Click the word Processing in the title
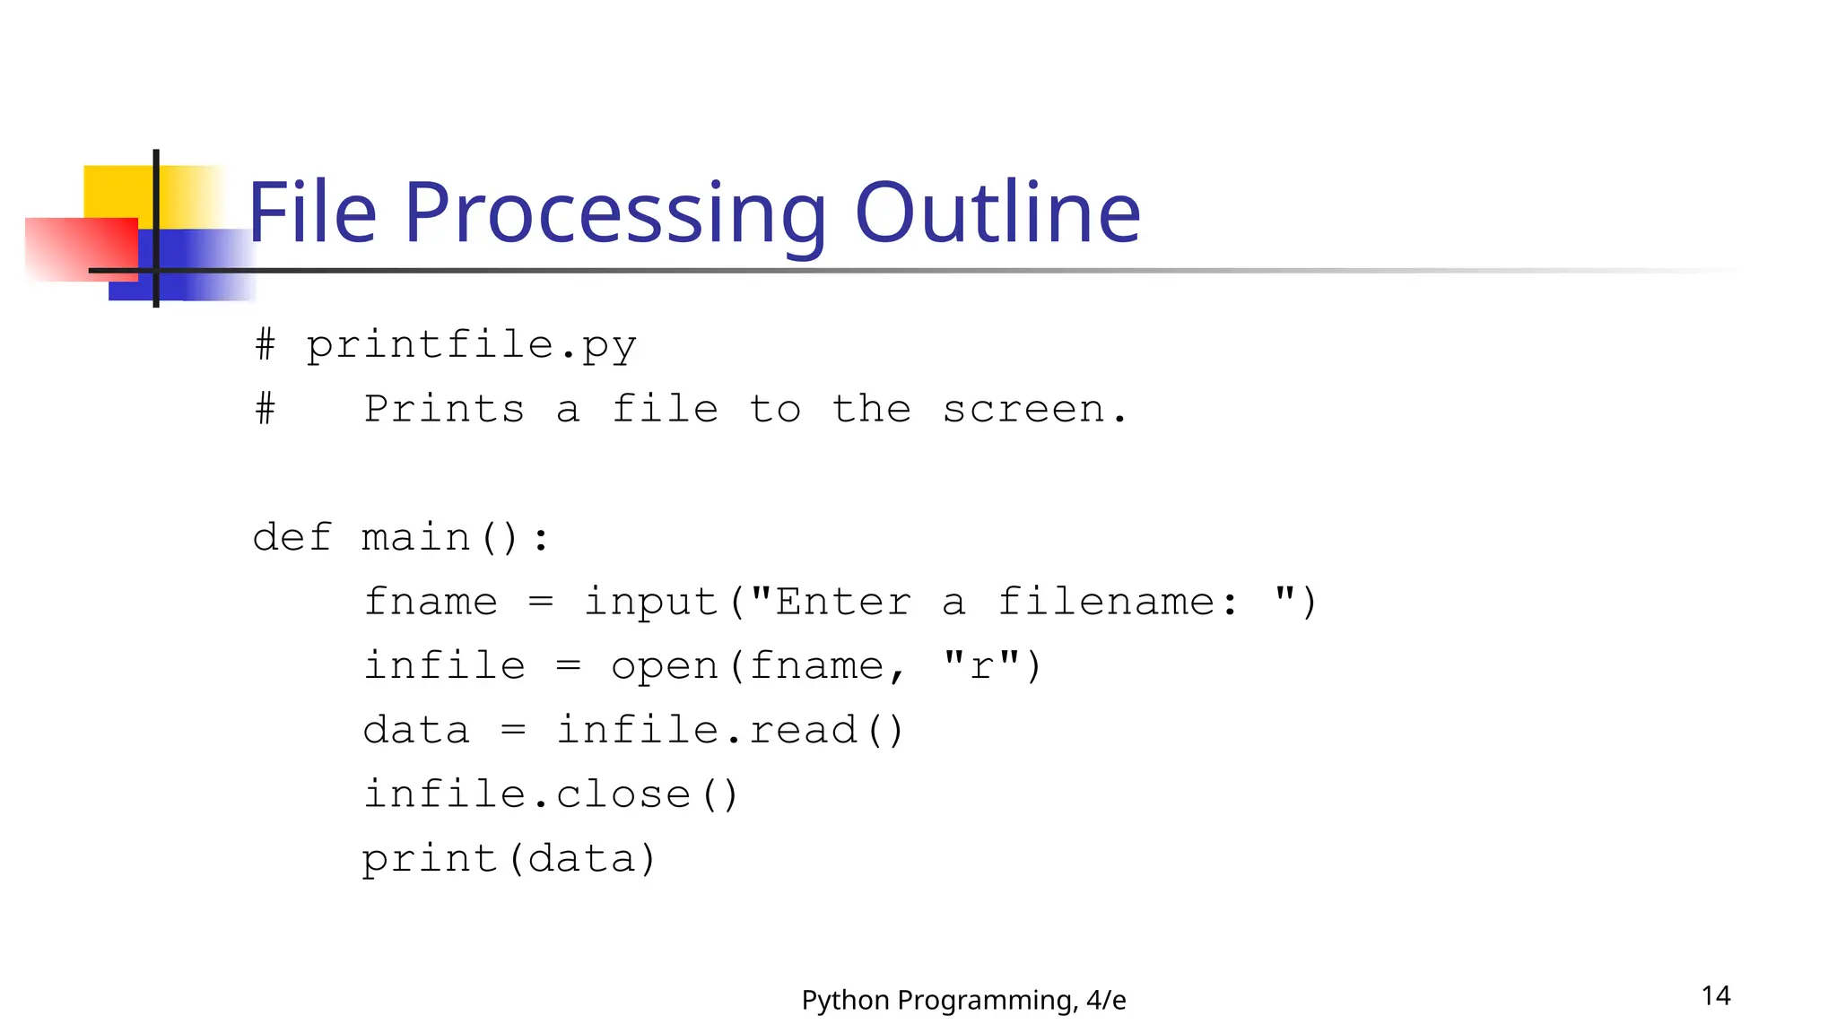tap(614, 215)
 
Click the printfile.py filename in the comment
tap(471, 346)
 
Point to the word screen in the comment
tap(1023, 410)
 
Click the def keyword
tap(292, 538)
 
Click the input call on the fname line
tap(650, 602)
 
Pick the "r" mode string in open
tap(981, 666)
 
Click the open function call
tap(665, 666)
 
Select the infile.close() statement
tap(550, 794)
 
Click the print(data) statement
tap(509, 859)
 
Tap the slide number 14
tap(1715, 995)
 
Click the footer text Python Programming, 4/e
tap(963, 1000)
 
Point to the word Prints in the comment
tap(444, 410)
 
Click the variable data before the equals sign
tap(416, 731)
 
